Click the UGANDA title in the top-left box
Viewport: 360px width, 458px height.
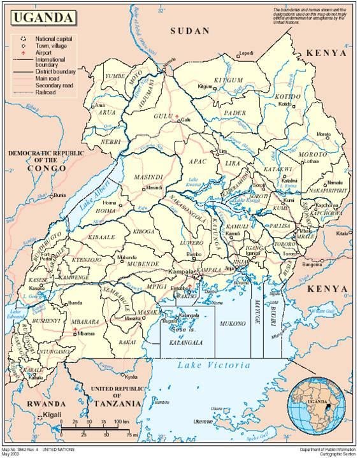click(x=40, y=17)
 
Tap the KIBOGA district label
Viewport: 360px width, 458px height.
click(x=143, y=232)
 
